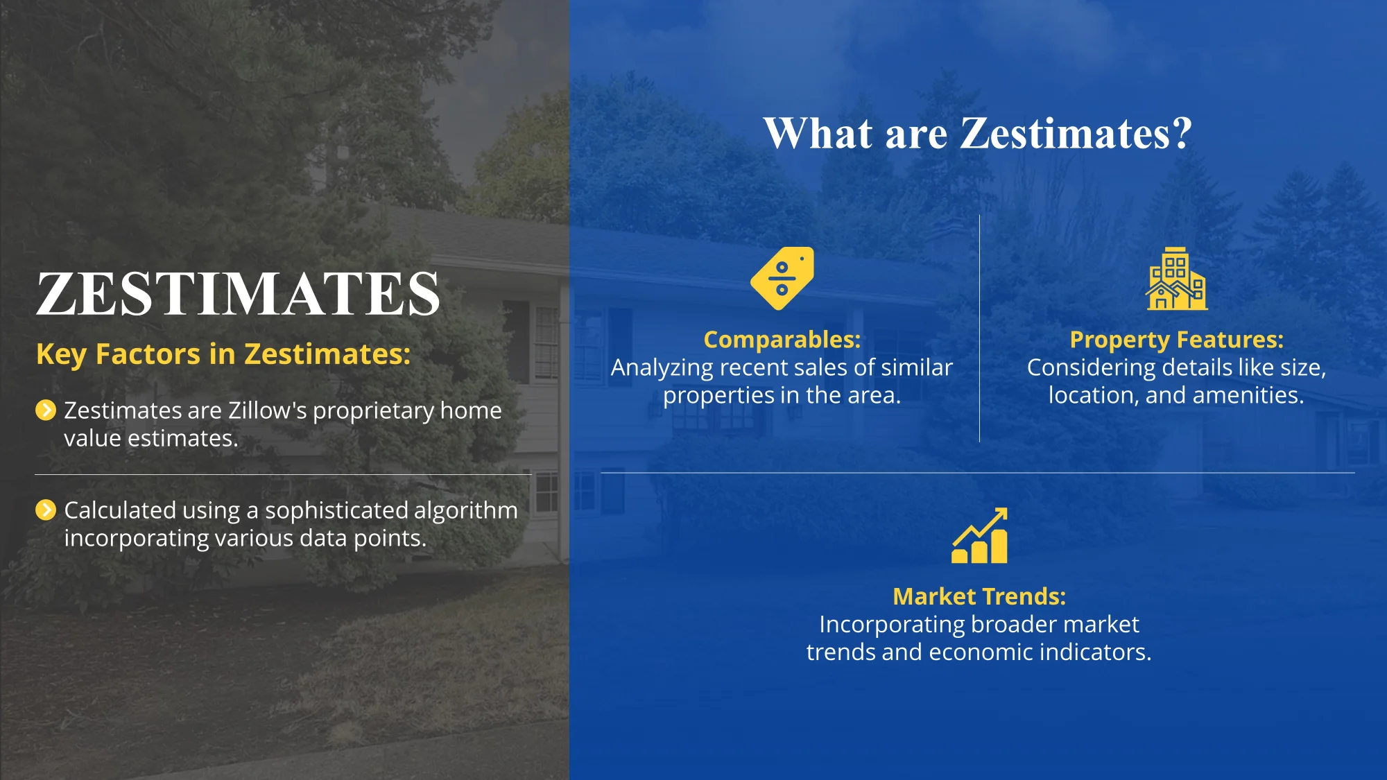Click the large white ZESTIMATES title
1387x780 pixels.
click(x=238, y=294)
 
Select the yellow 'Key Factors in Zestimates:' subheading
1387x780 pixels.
click(x=223, y=354)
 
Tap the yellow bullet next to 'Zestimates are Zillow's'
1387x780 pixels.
click(x=46, y=410)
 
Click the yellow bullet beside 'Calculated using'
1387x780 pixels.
click(x=46, y=510)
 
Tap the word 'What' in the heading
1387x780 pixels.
click(x=818, y=132)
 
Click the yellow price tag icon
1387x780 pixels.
click(x=782, y=278)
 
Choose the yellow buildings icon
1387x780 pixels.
click(x=1176, y=278)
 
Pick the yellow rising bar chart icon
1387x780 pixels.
click(x=979, y=535)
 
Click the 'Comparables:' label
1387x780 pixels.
click(x=782, y=340)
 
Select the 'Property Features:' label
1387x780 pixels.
click(x=1176, y=340)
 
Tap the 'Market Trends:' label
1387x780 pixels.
click(x=979, y=596)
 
